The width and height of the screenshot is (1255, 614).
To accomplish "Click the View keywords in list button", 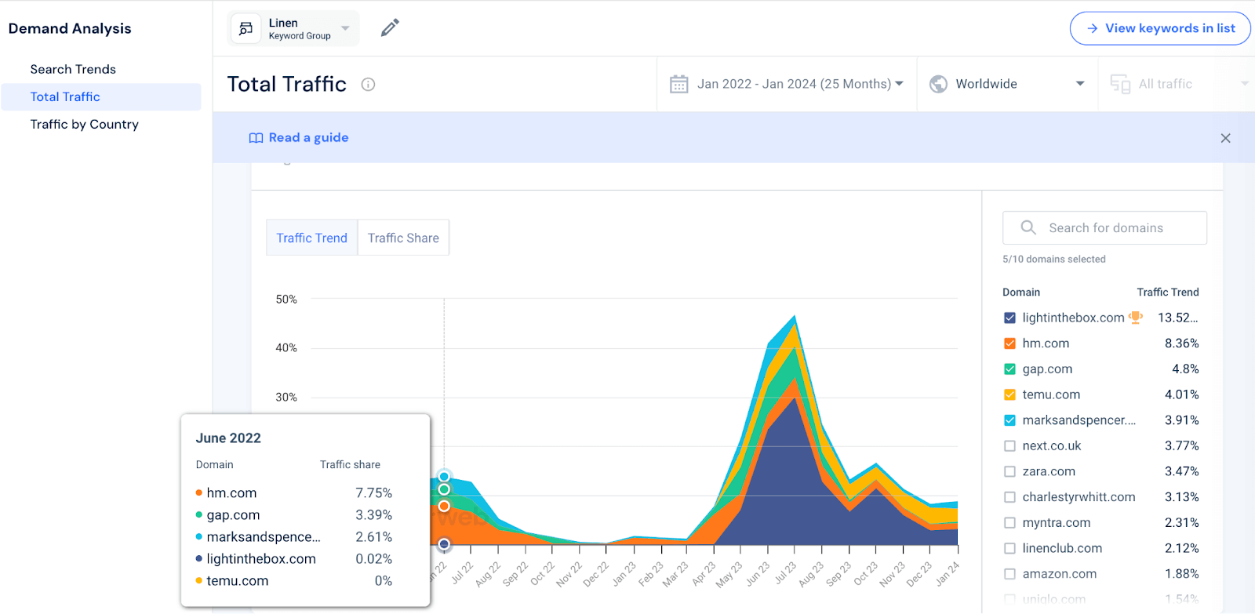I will point(1160,28).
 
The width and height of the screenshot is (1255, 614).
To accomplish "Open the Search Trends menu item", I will point(73,69).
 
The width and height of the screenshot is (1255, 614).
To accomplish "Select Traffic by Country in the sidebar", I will point(84,124).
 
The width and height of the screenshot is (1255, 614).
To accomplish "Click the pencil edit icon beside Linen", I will point(390,28).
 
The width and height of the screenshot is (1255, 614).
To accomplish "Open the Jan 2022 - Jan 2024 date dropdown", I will point(788,84).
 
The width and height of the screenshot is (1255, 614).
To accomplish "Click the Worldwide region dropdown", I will point(1007,84).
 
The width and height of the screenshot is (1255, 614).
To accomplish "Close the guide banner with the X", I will point(1225,138).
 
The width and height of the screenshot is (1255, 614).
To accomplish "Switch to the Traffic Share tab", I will point(403,238).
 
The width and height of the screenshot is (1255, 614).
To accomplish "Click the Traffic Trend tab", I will point(311,238).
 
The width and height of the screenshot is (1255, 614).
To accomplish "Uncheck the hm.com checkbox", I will point(1009,343).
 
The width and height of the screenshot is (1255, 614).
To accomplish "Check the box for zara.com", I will point(1009,471).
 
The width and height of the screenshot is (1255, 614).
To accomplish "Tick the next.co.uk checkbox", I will point(1009,446).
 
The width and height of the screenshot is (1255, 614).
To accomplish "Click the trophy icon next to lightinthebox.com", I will point(1135,318).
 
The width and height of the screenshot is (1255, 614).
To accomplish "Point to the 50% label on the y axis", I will point(286,300).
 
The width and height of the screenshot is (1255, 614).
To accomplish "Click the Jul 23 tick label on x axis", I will point(785,573).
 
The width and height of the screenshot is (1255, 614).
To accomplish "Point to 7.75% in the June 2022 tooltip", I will point(373,493).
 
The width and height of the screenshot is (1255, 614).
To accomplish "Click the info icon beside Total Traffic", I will point(368,85).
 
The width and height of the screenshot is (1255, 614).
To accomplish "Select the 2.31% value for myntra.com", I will point(1181,522).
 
